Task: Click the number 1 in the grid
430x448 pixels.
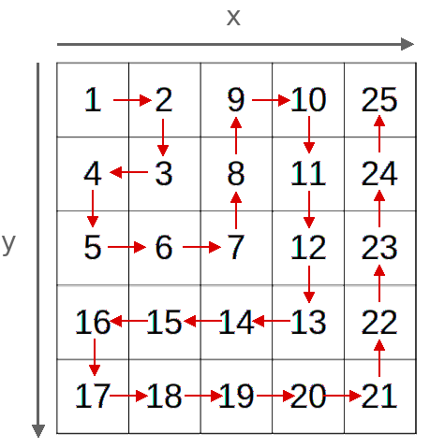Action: (x=94, y=100)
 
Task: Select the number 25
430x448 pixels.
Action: (x=379, y=100)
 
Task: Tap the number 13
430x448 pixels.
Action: (x=308, y=322)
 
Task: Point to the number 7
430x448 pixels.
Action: (x=236, y=247)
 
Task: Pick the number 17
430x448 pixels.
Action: (x=93, y=396)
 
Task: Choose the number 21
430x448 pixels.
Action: (x=379, y=396)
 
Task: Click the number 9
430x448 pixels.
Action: (x=236, y=100)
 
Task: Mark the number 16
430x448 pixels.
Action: (x=93, y=322)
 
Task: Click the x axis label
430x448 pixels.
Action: (x=233, y=18)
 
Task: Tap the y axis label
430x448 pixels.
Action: (x=8, y=244)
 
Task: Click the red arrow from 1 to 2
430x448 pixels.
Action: (x=132, y=100)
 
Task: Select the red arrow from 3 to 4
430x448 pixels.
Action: (x=128, y=172)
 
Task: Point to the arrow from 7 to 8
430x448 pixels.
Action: (x=236, y=210)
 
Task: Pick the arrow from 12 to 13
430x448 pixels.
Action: (x=309, y=284)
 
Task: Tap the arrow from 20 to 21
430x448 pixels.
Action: (x=342, y=396)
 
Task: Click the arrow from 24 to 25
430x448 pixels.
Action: (x=379, y=134)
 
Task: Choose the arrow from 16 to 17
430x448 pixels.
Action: (x=95, y=357)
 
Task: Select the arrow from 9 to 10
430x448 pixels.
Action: (x=271, y=100)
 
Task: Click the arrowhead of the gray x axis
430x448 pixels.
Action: (x=408, y=44)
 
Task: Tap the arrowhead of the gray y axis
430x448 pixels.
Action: (x=38, y=431)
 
